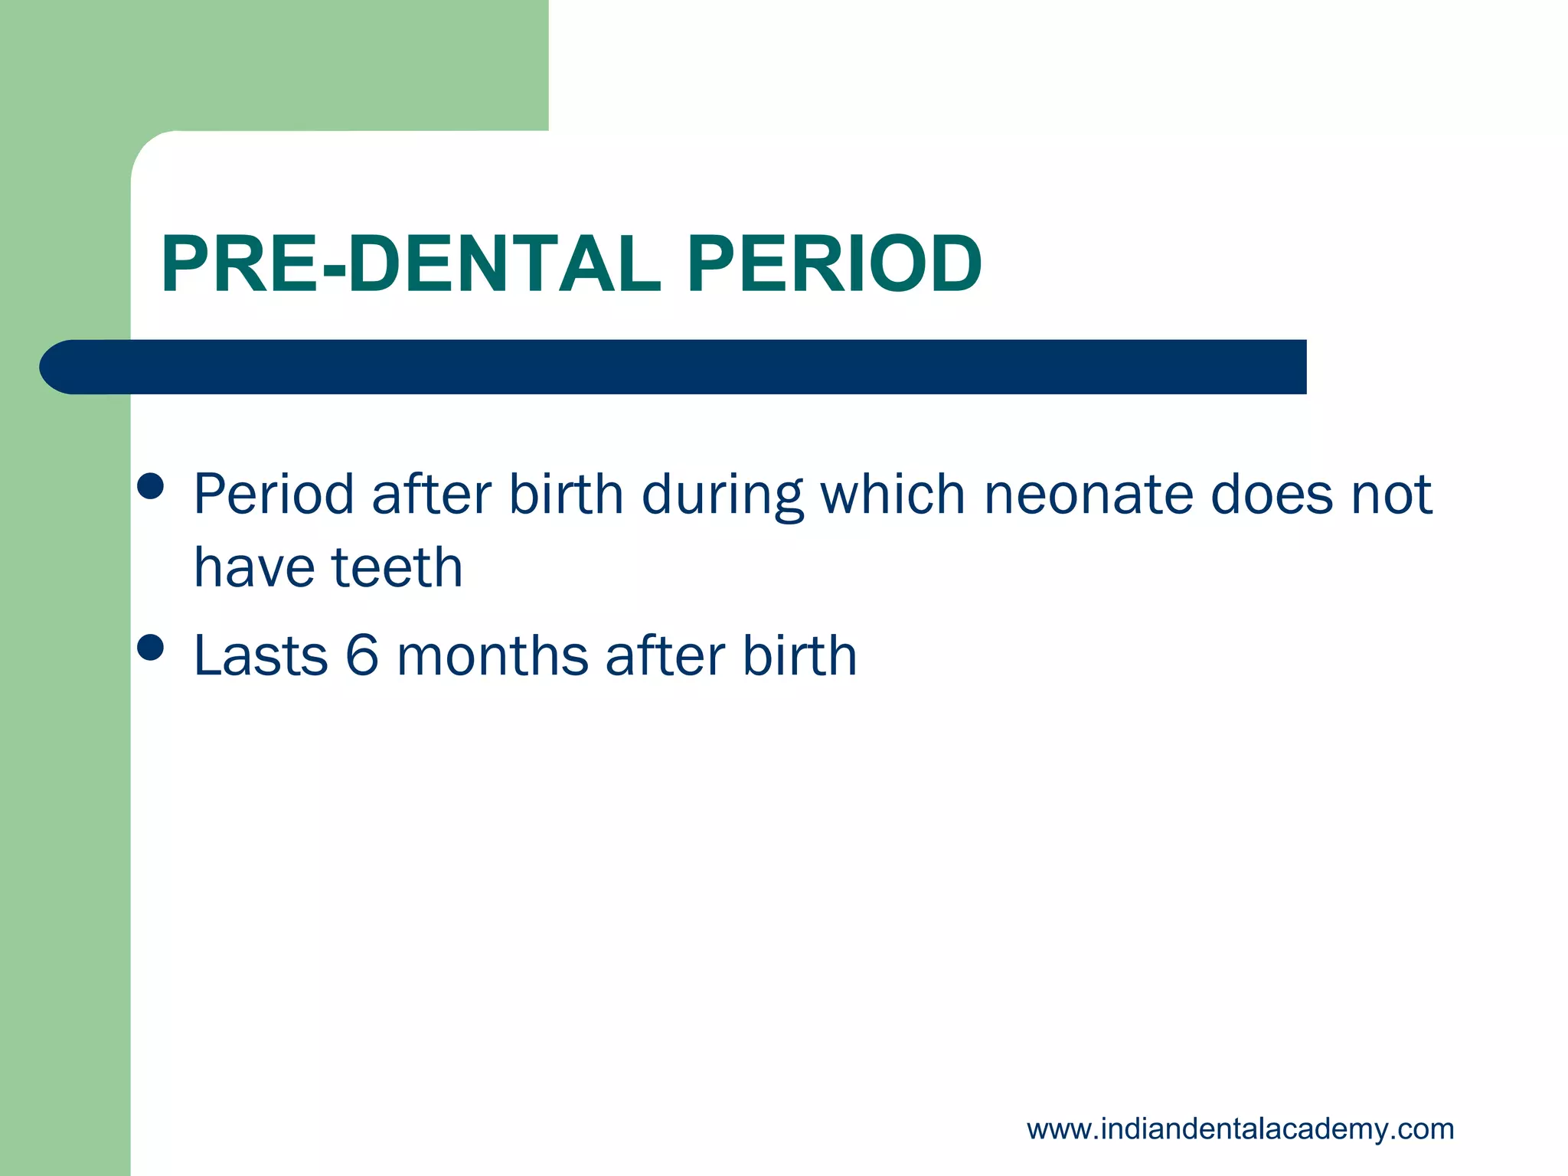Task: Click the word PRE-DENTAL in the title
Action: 410,265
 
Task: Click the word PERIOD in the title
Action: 834,265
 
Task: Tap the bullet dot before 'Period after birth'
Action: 151,486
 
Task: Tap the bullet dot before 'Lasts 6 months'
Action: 151,648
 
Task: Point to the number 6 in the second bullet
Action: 362,656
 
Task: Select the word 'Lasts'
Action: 260,656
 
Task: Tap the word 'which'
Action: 893,495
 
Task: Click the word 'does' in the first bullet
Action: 1271,495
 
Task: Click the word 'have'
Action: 253,568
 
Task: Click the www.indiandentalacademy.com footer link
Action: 1240,1129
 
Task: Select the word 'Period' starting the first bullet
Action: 273,495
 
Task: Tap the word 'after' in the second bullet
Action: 664,656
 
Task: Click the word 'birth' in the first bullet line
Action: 566,495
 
